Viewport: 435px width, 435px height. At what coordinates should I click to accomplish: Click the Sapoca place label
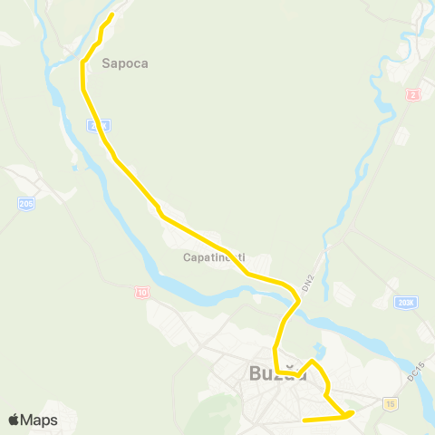[x=125, y=64]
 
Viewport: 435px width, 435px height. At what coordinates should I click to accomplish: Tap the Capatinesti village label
[x=214, y=257]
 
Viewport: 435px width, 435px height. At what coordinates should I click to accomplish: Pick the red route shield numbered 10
[x=142, y=292]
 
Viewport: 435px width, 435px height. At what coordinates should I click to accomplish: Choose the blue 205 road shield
[x=25, y=205]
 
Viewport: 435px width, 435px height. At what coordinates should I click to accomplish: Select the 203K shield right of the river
[x=406, y=303]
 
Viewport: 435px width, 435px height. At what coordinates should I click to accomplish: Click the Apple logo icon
[x=14, y=420]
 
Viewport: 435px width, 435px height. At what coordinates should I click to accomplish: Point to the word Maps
[x=39, y=420]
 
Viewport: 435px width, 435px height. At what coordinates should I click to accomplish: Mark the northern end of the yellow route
[x=111, y=15]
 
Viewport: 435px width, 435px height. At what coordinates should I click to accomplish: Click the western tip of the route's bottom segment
[x=304, y=420]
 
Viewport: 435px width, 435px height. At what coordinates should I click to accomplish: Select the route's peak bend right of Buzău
[x=312, y=362]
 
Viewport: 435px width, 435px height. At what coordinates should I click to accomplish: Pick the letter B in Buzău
[x=254, y=372]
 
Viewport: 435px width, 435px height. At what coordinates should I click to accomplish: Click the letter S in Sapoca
[x=107, y=64]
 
